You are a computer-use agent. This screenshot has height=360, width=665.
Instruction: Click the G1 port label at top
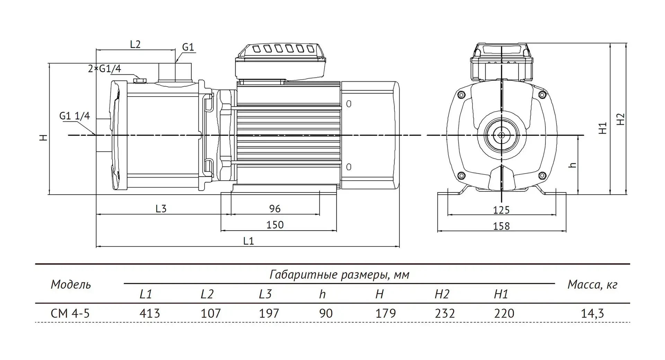(x=188, y=47)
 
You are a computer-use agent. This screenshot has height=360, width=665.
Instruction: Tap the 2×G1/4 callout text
(x=105, y=69)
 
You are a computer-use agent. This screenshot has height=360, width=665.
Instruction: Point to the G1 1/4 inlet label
(x=74, y=116)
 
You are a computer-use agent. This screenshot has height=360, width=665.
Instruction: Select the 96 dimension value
(x=275, y=209)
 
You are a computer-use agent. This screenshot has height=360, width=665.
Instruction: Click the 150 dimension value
(x=275, y=225)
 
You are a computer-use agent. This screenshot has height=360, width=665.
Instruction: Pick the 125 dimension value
(x=501, y=210)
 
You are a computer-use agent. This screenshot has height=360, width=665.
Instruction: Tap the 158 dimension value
(x=501, y=226)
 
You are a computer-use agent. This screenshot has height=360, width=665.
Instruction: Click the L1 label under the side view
(x=248, y=241)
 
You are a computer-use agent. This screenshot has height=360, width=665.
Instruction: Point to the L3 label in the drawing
(x=161, y=209)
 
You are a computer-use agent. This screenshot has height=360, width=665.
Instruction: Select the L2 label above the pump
(x=135, y=44)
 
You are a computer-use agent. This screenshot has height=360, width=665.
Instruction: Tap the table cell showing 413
(x=150, y=313)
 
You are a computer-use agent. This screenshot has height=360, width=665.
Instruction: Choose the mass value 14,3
(x=592, y=313)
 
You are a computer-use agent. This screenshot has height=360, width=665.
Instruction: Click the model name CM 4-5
(x=70, y=313)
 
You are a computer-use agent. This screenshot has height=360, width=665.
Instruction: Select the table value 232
(x=445, y=313)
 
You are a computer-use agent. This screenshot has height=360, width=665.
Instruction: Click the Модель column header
(x=71, y=285)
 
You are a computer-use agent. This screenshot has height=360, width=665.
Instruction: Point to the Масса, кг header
(x=592, y=285)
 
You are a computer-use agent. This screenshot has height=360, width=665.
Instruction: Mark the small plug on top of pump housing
(x=140, y=81)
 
